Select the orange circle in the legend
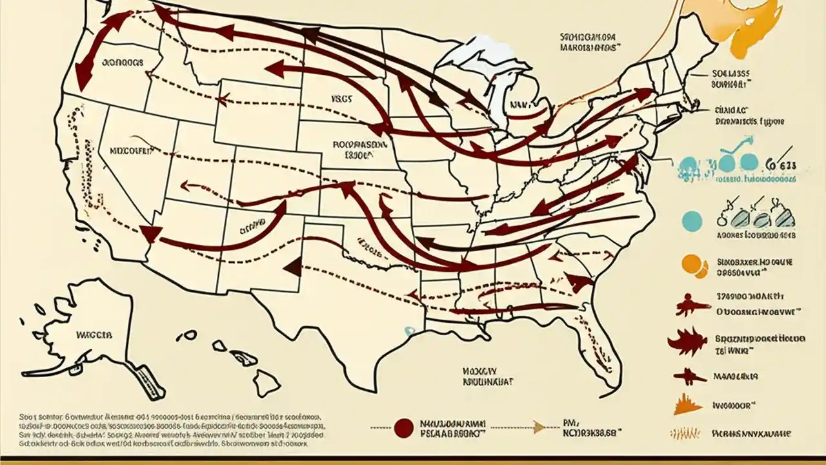click(x=691, y=265)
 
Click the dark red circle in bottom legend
click(x=403, y=427)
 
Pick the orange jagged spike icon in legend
click(x=687, y=405)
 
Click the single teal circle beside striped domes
click(x=691, y=220)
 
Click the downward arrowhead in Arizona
click(x=150, y=234)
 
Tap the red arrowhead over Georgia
click(x=579, y=283)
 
